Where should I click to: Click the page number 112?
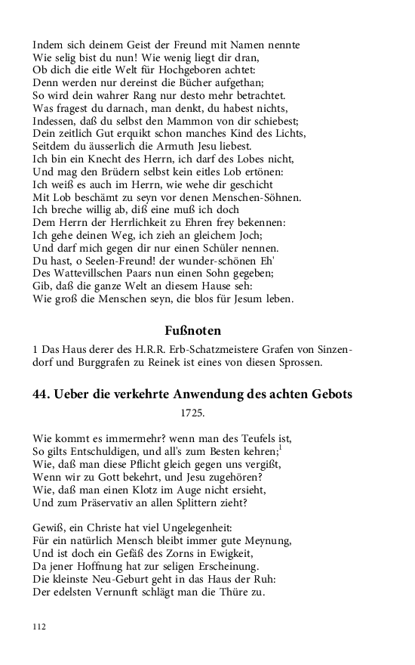pyautogui.click(x=39, y=626)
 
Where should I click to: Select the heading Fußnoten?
pyautogui.click(x=192, y=329)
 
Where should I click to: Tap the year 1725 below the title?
pyautogui.click(x=192, y=413)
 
